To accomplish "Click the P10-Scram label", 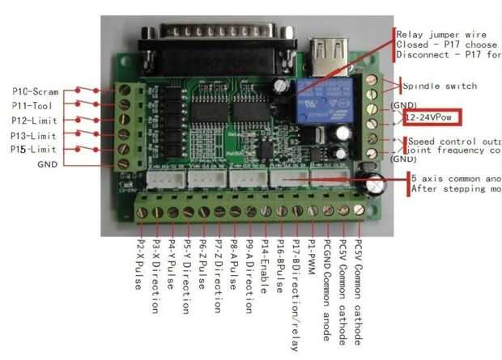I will click(x=35, y=91).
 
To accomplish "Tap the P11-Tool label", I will click(x=33, y=106).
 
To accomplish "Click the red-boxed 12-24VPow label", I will click(x=432, y=118).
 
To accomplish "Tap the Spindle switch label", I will click(x=440, y=86).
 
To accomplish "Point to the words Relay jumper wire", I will click(x=442, y=34).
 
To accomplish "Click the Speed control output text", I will click(x=453, y=141).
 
